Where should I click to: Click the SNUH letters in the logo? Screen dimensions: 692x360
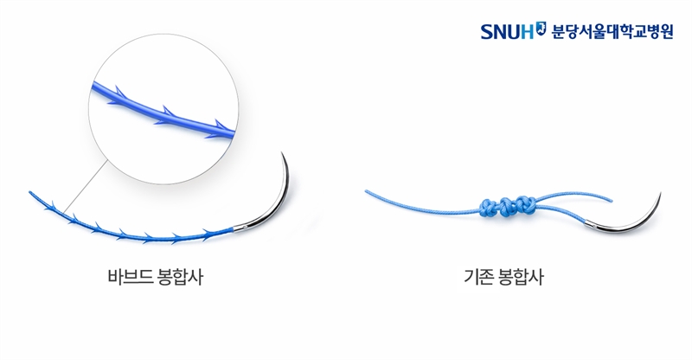(507, 31)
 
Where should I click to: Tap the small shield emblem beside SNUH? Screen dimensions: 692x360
(541, 28)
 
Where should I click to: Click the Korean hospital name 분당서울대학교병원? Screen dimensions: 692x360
(612, 31)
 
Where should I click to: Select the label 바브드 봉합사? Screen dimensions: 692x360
(156, 277)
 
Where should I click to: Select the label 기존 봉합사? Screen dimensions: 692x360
(503, 277)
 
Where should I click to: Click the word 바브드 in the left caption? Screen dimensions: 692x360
(131, 277)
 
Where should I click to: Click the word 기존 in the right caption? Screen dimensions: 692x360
(478, 277)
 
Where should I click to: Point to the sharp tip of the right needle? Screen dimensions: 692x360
(661, 193)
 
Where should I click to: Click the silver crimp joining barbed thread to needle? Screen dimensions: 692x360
(240, 228)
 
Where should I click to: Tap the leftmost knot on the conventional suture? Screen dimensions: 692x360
(487, 208)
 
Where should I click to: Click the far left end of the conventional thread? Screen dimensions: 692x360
(366, 191)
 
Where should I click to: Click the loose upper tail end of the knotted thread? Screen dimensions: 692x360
(612, 201)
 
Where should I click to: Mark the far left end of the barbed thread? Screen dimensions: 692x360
(30, 193)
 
